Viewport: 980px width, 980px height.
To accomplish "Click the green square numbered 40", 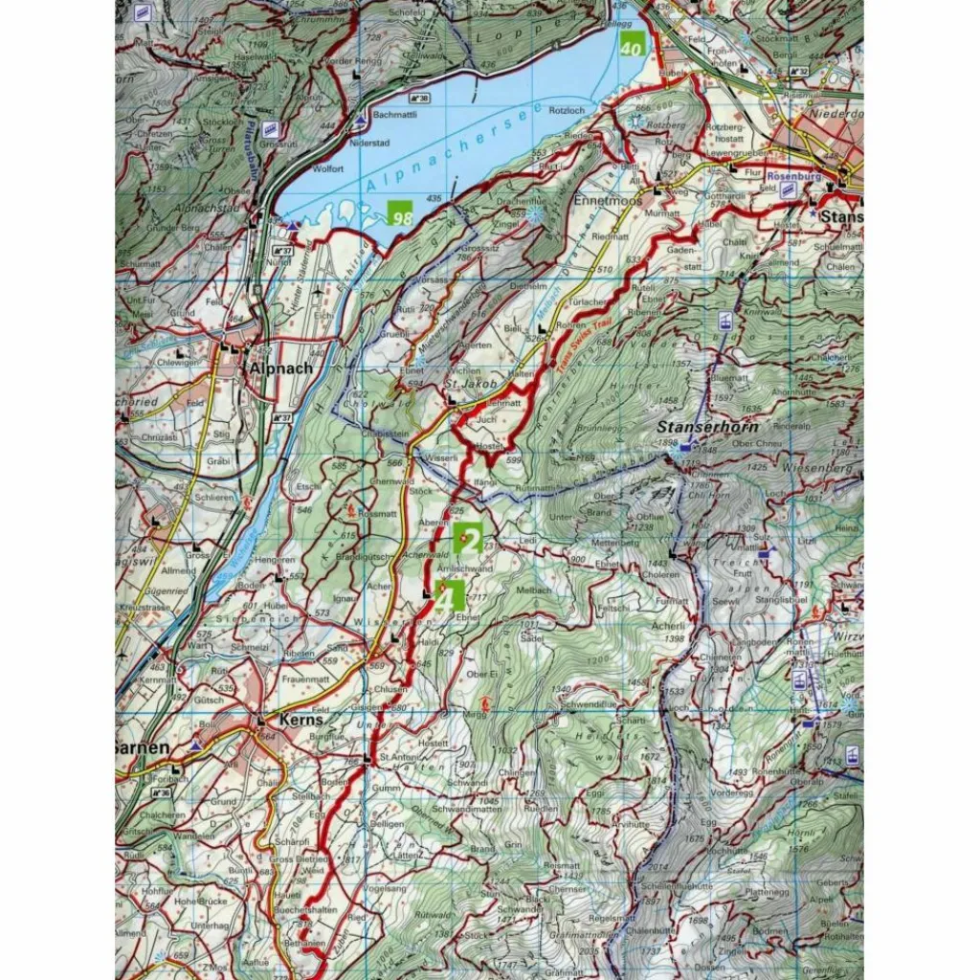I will (631, 44).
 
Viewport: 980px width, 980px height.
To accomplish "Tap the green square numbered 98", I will (400, 212).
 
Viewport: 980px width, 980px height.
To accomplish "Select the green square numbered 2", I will (467, 538).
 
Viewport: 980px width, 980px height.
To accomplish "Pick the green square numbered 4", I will (450, 595).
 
